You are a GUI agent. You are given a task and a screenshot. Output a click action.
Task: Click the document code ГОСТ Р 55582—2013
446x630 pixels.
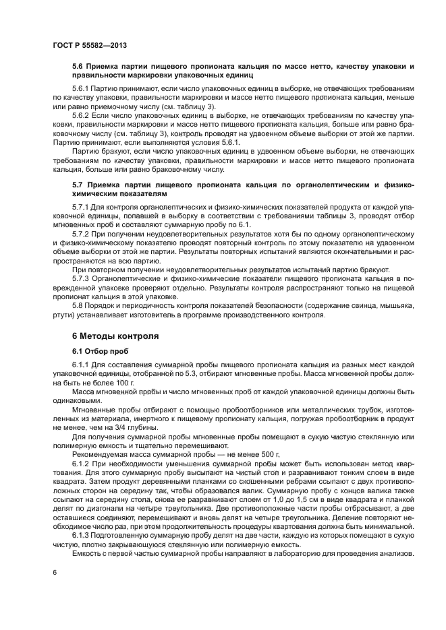(x=90, y=44)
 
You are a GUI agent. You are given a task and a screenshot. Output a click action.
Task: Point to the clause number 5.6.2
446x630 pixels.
(x=82, y=115)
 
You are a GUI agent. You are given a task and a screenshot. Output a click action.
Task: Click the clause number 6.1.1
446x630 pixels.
(x=82, y=365)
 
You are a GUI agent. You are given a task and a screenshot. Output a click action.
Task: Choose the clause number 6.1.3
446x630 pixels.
(x=82, y=532)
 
